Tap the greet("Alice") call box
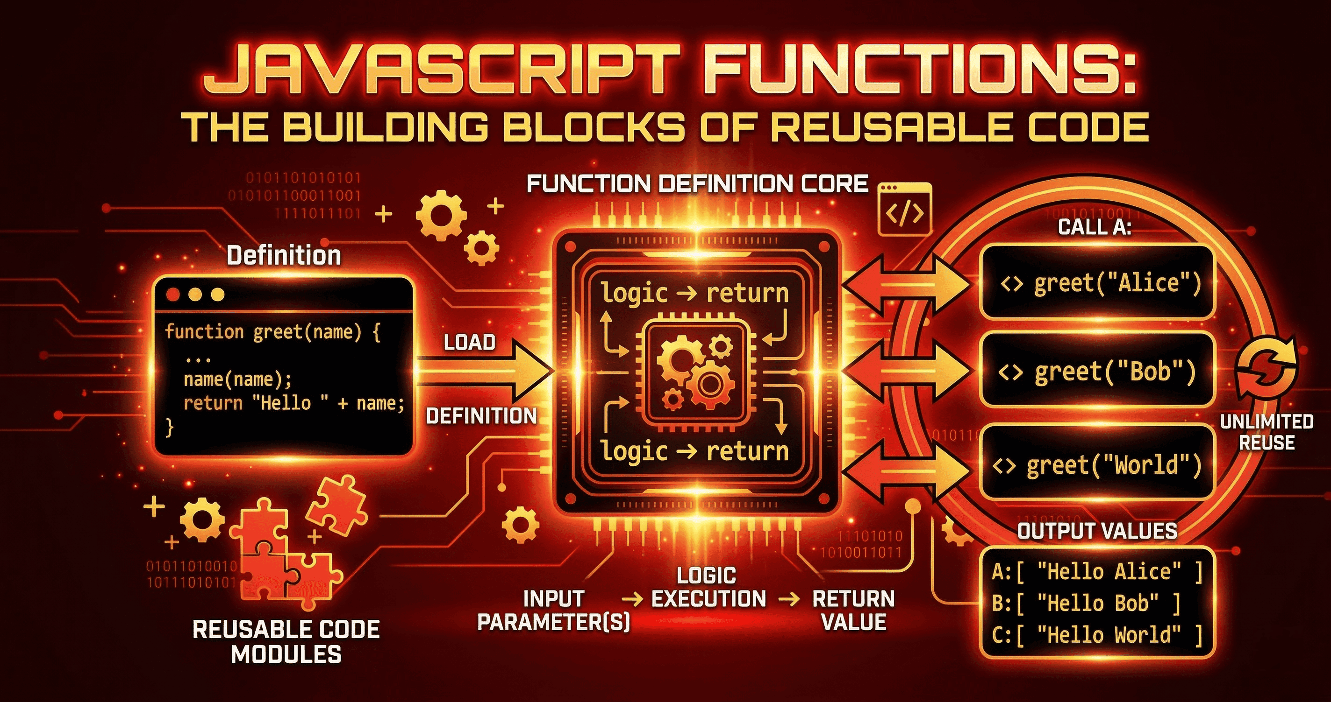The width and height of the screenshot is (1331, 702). point(1097,282)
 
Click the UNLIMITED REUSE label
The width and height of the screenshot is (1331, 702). point(1267,432)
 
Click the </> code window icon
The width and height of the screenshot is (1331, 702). point(904,210)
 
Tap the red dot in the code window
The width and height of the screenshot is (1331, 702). point(173,295)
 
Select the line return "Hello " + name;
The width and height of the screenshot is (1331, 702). point(293,403)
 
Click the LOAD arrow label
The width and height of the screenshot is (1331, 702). point(470,342)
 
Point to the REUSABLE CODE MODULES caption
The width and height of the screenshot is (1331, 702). point(286,642)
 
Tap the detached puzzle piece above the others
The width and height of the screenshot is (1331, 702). point(336,503)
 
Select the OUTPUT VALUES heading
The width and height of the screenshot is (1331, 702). point(1097,531)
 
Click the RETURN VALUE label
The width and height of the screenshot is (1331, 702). point(853,610)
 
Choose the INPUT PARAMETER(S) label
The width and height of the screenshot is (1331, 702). point(553,610)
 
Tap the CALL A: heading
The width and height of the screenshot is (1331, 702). point(1095,227)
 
